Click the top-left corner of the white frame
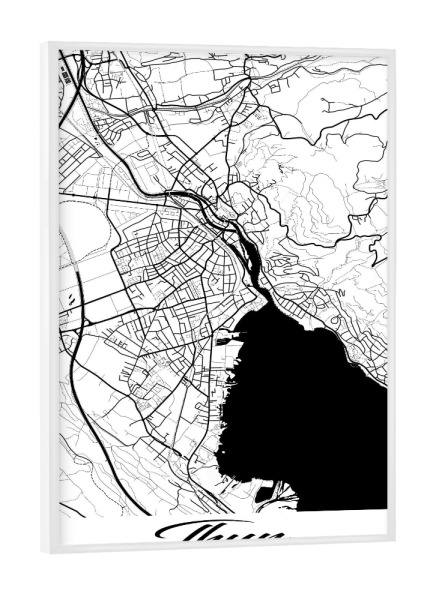tap(43, 44)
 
